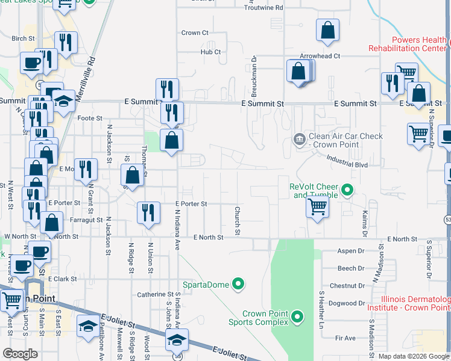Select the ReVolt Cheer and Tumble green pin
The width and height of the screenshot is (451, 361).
coord(347,191)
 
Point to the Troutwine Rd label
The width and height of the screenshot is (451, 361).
coord(263,8)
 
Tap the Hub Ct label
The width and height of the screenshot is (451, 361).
coord(211,52)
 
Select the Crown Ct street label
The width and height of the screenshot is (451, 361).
coord(194,33)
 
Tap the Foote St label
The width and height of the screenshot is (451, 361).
coord(89,119)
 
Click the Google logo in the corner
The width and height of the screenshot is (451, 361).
coord(19,354)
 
